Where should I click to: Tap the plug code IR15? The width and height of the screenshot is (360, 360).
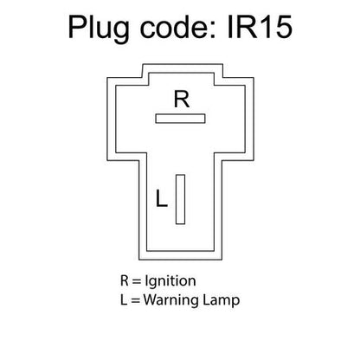(x=260, y=27)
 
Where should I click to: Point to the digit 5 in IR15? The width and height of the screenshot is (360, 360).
(x=283, y=28)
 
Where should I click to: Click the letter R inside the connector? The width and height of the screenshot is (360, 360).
(x=182, y=99)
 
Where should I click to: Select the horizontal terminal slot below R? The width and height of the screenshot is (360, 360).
(x=180, y=119)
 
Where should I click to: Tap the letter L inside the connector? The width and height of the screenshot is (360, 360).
(x=162, y=198)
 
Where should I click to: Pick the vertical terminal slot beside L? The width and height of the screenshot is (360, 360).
(x=180, y=199)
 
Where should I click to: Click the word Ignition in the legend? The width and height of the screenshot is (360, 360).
(x=170, y=282)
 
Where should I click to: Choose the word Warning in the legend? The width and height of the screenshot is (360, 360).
(x=170, y=300)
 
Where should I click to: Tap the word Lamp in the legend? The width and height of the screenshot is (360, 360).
(x=221, y=300)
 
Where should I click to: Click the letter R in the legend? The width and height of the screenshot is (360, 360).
(x=125, y=280)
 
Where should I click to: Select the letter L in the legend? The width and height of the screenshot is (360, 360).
(x=124, y=299)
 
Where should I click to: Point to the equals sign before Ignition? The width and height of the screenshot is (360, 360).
(x=136, y=281)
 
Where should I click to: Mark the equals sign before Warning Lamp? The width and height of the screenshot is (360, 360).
(x=135, y=300)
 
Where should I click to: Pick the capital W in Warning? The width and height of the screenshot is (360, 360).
(x=151, y=299)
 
